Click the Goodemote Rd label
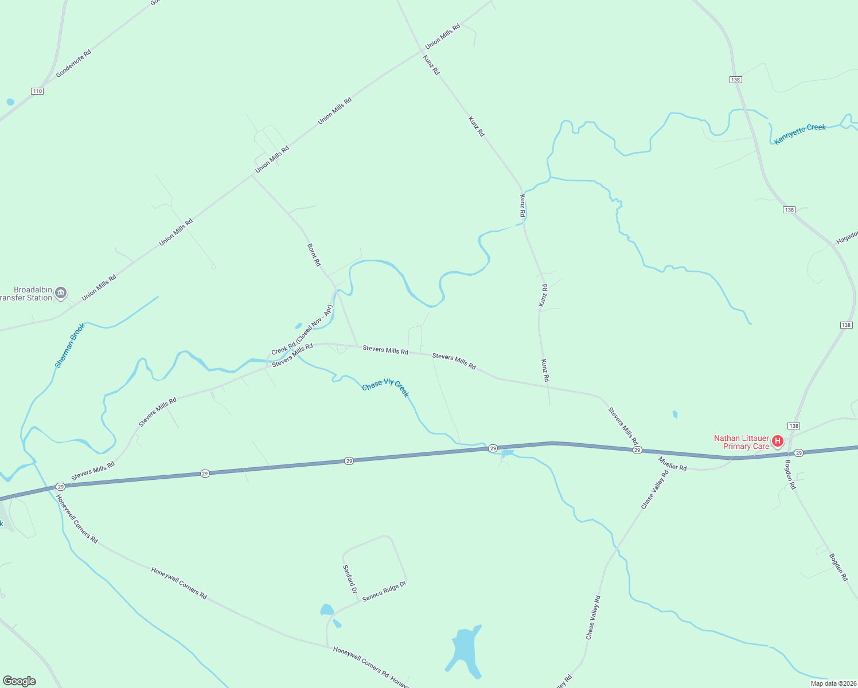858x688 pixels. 73,64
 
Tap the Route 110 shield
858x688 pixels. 37,91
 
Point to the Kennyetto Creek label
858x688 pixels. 799,134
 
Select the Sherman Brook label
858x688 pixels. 69,345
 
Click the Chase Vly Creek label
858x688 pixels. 385,388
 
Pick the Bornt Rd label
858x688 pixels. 314,255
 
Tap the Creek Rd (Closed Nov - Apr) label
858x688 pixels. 302,330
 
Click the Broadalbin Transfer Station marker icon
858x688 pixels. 61,293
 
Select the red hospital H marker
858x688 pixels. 778,441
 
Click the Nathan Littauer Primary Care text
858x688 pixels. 742,442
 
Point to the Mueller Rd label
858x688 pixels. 672,464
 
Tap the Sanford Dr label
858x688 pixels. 350,578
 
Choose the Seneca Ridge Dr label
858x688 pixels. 384,591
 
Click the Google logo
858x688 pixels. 19,681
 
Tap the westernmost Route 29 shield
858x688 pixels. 60,486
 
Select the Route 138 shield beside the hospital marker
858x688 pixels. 794,426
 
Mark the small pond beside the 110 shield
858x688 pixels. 10,102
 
